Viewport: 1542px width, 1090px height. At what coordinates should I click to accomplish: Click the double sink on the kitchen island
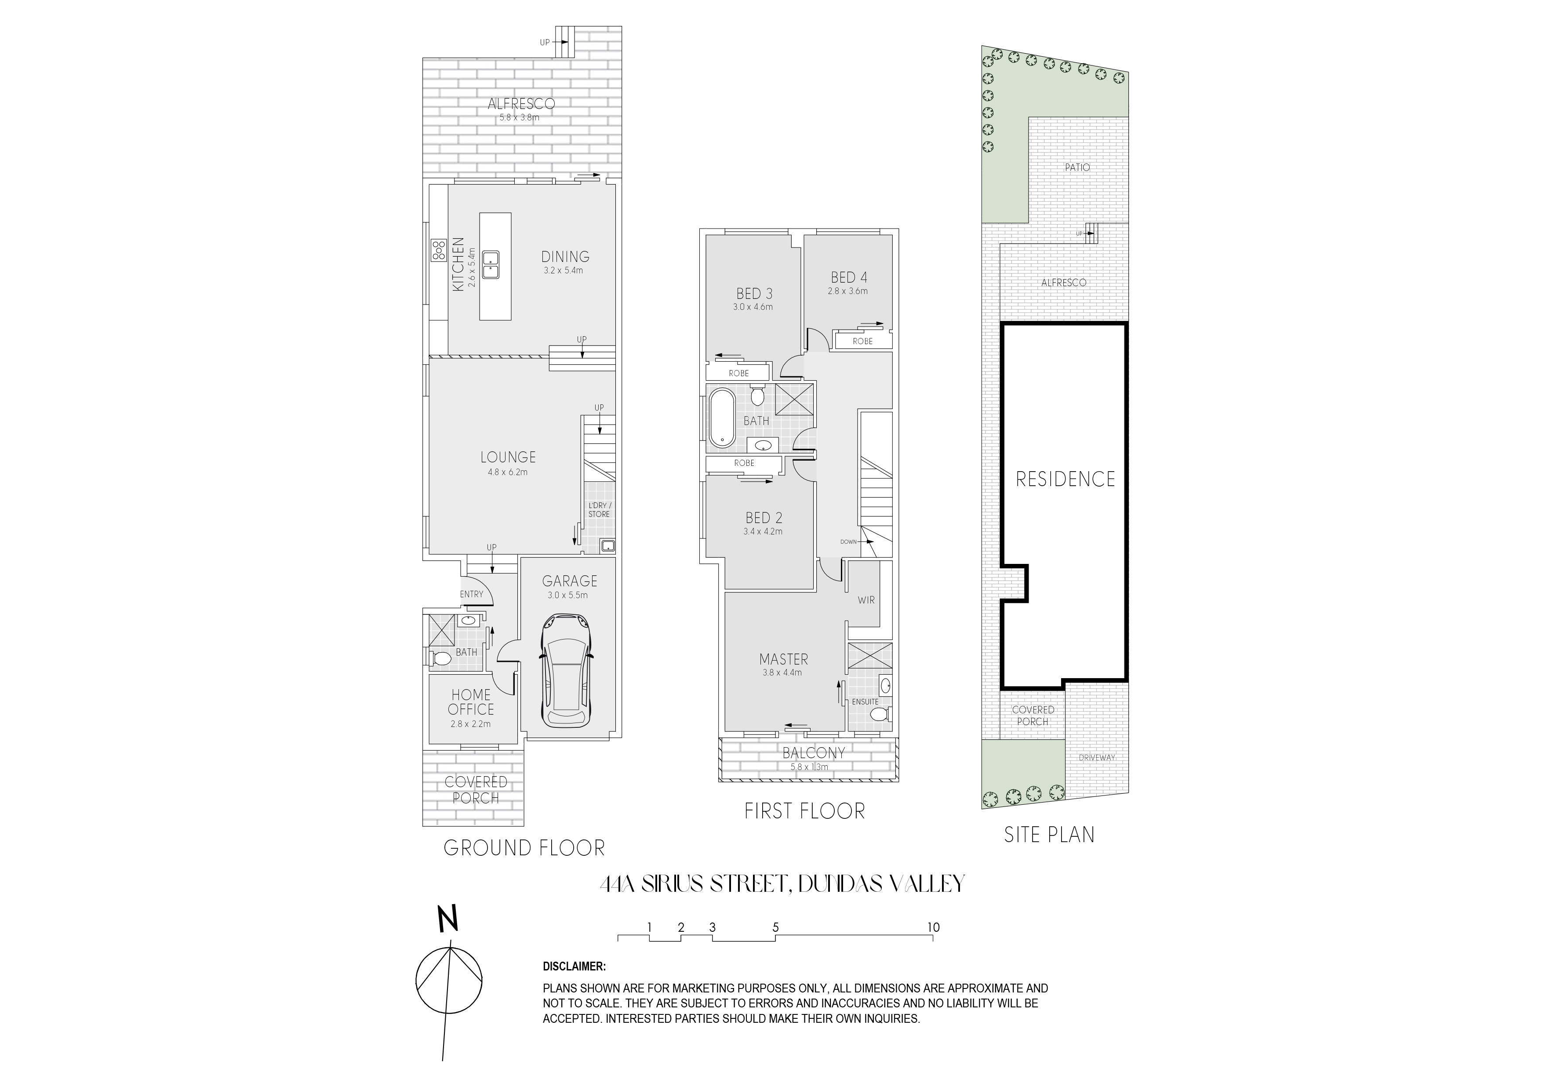click(492, 265)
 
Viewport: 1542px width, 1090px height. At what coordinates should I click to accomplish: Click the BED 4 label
click(849, 277)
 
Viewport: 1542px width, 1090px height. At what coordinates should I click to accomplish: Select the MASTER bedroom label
click(784, 660)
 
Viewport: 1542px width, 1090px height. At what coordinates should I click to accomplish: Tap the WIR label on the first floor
click(866, 600)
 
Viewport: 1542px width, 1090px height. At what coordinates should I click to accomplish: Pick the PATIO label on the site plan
click(1077, 167)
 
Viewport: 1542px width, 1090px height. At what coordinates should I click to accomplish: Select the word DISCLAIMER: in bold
click(574, 967)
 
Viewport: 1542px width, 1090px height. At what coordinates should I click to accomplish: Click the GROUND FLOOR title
click(524, 848)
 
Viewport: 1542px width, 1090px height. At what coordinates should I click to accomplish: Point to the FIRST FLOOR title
click(804, 811)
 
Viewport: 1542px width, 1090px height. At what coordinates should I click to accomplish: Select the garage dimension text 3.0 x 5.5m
click(567, 595)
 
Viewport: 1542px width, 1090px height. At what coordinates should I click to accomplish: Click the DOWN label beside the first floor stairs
click(848, 541)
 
